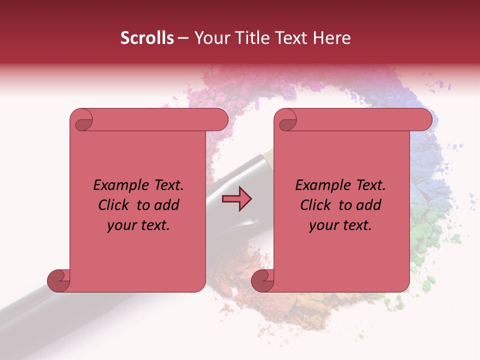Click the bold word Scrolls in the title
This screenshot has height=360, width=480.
147,38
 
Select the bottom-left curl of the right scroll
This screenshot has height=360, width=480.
263,280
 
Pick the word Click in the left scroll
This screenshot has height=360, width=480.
114,205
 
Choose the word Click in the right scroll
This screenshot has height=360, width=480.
316,205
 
